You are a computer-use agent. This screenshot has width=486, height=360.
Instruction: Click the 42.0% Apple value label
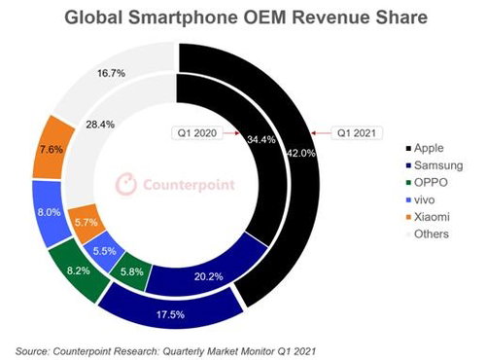[x=301, y=153]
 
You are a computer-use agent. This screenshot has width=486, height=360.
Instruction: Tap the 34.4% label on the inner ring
[x=261, y=139]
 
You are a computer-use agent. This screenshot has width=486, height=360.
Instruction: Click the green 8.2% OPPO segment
[x=80, y=270]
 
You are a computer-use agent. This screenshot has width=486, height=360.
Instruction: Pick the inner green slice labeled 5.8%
[x=131, y=270]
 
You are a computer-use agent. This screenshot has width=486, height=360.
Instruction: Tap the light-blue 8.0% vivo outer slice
[x=50, y=212]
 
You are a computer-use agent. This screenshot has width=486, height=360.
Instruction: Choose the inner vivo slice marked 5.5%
[x=104, y=251]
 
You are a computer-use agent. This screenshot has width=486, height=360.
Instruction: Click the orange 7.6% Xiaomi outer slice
[x=52, y=149]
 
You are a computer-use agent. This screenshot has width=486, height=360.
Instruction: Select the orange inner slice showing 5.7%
[x=86, y=223]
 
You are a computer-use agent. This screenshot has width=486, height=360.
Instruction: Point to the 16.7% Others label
[x=111, y=73]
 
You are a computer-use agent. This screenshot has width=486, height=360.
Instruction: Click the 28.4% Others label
[x=100, y=125]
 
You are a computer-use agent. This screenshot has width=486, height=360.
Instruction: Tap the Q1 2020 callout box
[x=197, y=133]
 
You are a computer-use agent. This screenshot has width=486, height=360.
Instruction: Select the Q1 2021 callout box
[x=357, y=133]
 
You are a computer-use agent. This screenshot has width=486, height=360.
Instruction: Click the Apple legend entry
[x=425, y=148]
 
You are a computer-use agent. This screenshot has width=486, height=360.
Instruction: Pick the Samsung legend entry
[x=434, y=165]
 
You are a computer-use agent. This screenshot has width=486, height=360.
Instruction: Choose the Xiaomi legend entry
[x=428, y=217]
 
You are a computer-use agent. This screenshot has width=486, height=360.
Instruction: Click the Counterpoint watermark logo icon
[x=126, y=184]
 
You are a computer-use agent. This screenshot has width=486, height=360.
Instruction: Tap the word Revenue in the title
[x=330, y=18]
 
